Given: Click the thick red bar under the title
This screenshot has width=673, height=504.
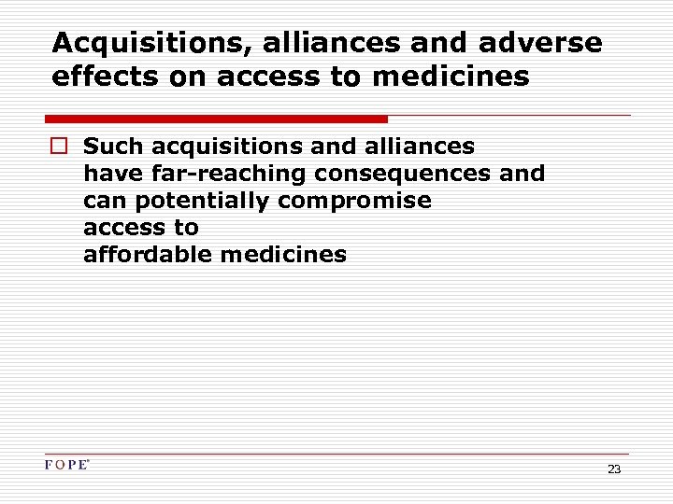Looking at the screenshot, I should pyautogui.click(x=216, y=119).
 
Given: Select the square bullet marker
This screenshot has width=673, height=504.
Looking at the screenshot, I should pyautogui.click(x=60, y=147).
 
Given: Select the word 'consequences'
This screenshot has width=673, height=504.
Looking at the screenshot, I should pyautogui.click(x=403, y=175).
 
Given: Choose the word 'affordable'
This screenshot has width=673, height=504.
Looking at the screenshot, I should pyautogui.click(x=148, y=254).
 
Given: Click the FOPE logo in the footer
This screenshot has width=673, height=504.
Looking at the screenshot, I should pyautogui.click(x=66, y=465).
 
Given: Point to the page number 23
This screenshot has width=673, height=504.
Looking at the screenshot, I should pyautogui.click(x=614, y=469).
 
